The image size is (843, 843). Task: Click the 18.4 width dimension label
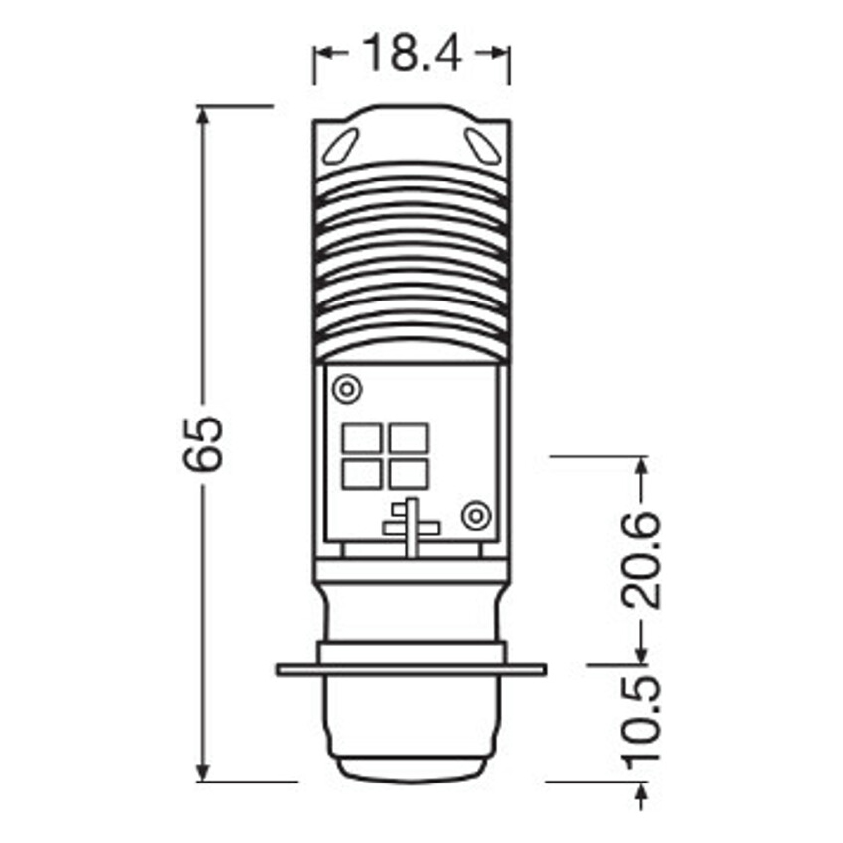pyautogui.click(x=412, y=53)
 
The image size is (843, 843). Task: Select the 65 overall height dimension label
pyautogui.click(x=202, y=443)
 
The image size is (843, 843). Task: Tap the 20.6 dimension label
pyautogui.click(x=640, y=559)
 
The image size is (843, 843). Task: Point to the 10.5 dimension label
pyautogui.click(x=640, y=718)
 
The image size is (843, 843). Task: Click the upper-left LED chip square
pyautogui.click(x=362, y=437)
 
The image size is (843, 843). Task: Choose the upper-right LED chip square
pyautogui.click(x=409, y=437)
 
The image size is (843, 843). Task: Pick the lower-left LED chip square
pyautogui.click(x=362, y=475)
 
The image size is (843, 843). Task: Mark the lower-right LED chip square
pyautogui.click(x=409, y=475)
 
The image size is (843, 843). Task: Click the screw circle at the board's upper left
pyautogui.click(x=347, y=388)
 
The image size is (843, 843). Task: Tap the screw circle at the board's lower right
pyautogui.click(x=476, y=516)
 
